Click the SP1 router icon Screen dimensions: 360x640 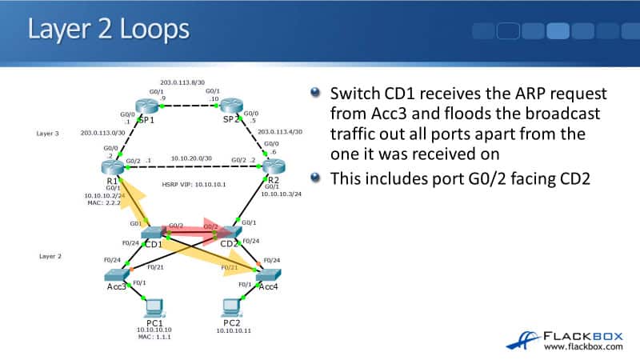147,106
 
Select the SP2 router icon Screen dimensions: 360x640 231,106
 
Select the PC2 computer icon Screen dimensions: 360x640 232,306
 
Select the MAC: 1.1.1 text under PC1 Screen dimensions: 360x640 154,337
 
